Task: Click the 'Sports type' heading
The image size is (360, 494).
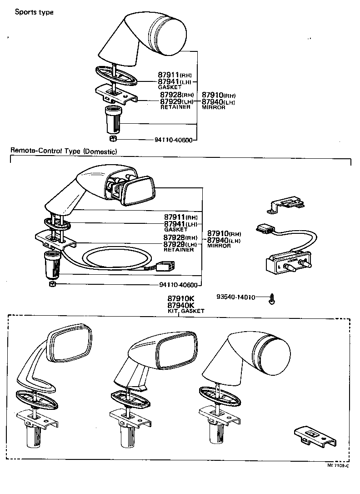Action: [x=34, y=12]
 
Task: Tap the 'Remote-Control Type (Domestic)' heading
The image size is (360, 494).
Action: [x=64, y=151]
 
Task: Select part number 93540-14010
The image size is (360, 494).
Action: [x=235, y=297]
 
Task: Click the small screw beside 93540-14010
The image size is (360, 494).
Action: [x=273, y=298]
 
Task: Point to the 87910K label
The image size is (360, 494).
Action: [x=180, y=299]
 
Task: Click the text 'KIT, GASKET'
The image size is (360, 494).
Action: [x=185, y=311]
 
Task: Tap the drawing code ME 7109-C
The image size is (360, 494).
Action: [x=338, y=465]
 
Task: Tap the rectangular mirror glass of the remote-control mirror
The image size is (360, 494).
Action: [x=138, y=191]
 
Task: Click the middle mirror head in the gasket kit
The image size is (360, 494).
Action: [x=175, y=348]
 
